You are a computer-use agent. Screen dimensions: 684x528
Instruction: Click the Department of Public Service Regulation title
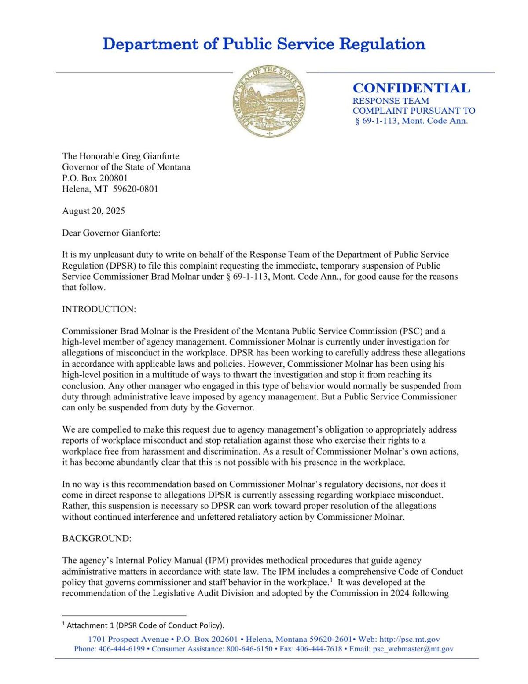point(264,44)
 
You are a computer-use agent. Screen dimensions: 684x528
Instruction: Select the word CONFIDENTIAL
point(411,88)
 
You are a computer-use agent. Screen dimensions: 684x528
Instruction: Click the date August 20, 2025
point(93,211)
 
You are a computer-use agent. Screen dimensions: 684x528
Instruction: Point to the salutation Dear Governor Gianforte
point(111,233)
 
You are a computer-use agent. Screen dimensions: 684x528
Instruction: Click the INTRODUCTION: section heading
point(99,309)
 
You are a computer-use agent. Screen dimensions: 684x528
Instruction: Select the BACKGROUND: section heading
point(96,539)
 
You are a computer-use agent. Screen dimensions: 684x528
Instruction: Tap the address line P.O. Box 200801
point(95,178)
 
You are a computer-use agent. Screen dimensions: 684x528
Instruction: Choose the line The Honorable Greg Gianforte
point(121,156)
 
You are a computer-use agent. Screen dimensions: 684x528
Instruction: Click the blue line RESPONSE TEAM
point(391,101)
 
